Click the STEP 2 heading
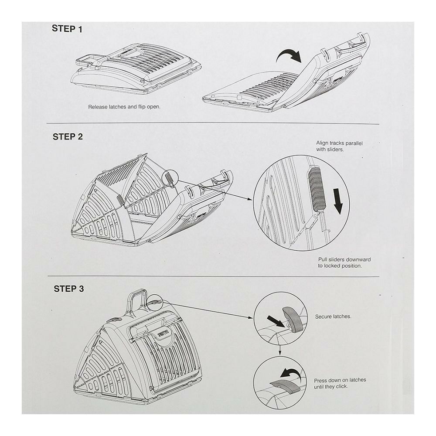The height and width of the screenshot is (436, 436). [68, 136]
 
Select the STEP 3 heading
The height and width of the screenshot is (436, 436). [69, 289]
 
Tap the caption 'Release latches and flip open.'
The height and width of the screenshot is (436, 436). [124, 106]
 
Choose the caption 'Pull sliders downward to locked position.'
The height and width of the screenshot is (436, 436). [344, 262]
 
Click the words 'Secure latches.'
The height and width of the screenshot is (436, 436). [333, 317]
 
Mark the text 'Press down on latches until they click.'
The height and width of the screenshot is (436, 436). [340, 383]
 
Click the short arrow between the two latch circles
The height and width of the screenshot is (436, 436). [279, 351]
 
